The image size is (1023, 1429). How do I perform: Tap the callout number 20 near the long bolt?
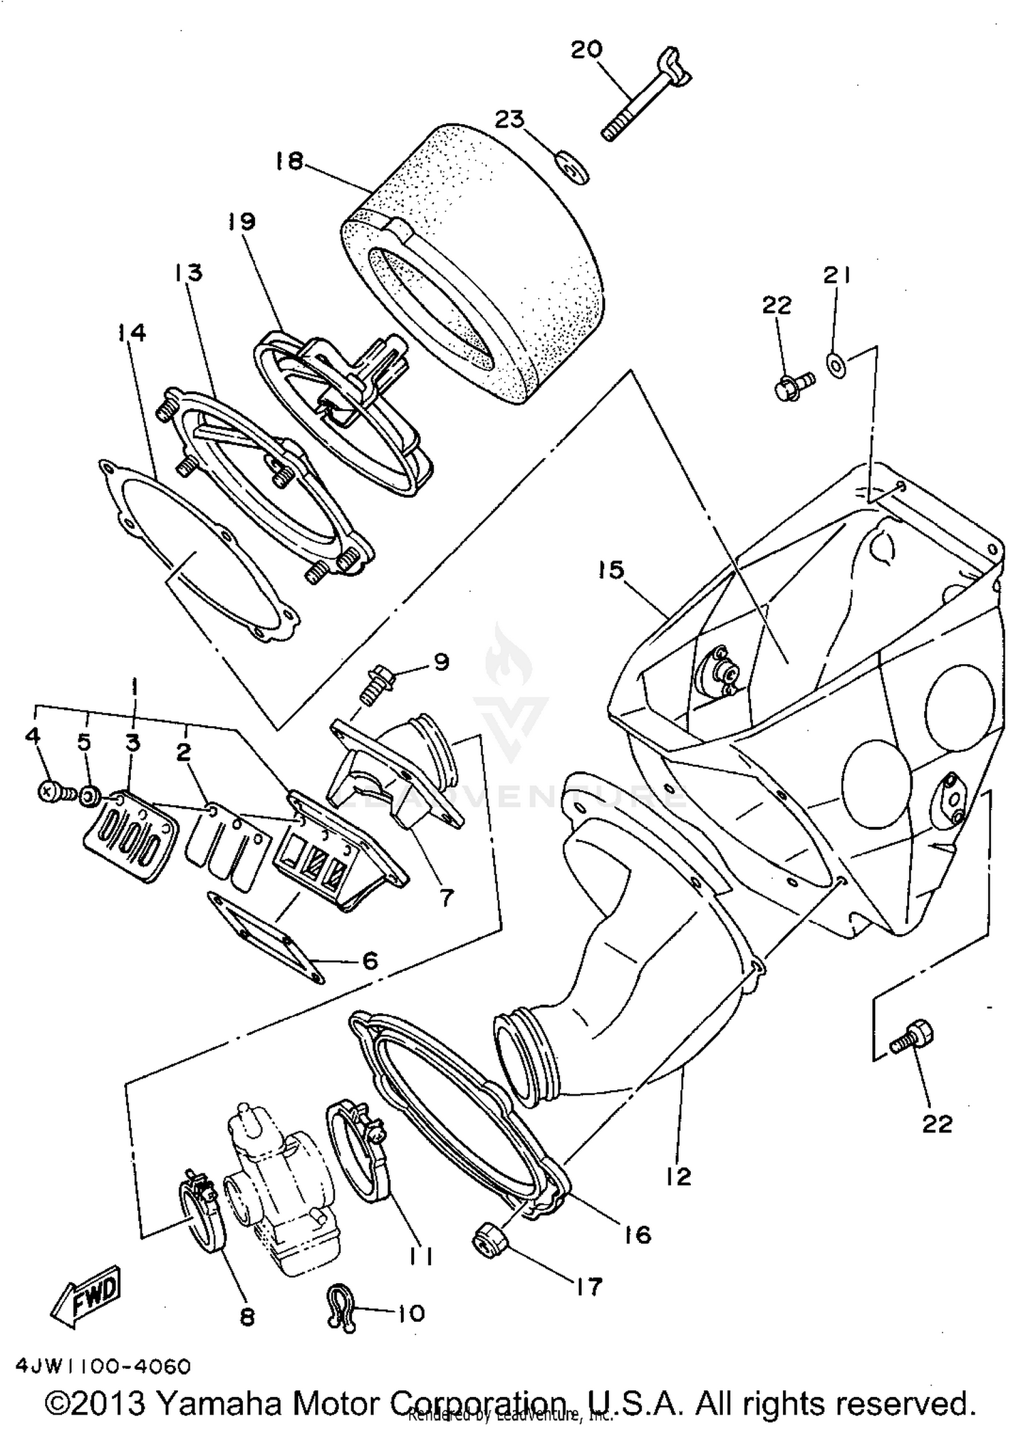(x=587, y=50)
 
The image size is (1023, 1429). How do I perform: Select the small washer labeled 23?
(x=572, y=167)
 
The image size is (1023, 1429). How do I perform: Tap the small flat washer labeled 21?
(x=837, y=365)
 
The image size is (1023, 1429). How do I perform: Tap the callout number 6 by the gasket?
(x=369, y=961)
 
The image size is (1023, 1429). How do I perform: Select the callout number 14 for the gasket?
(x=132, y=333)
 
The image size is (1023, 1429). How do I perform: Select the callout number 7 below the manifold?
(x=446, y=897)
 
